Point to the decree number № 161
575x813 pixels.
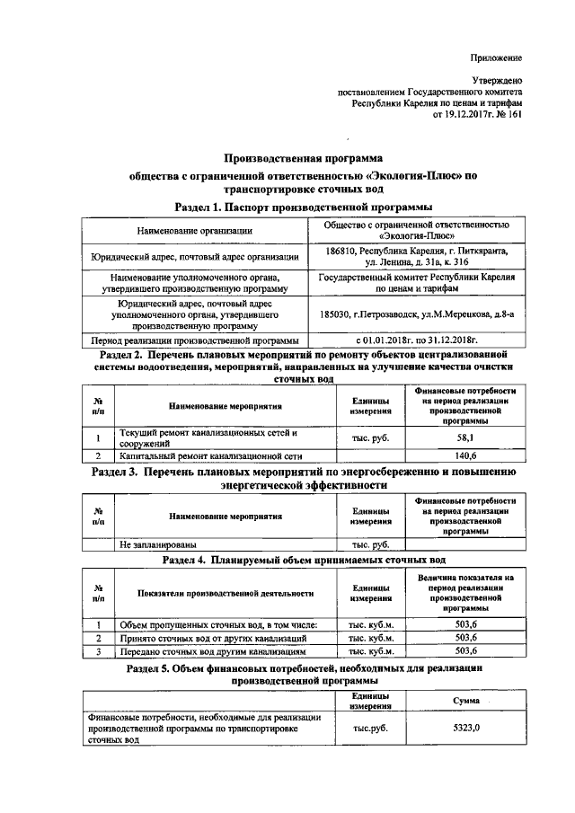[x=507, y=115]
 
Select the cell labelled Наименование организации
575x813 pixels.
[x=194, y=231]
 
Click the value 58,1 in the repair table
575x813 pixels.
[x=465, y=437]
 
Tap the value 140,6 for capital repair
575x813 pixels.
[x=465, y=455]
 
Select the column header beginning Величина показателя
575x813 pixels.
[x=465, y=592]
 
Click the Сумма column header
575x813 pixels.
[x=465, y=700]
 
